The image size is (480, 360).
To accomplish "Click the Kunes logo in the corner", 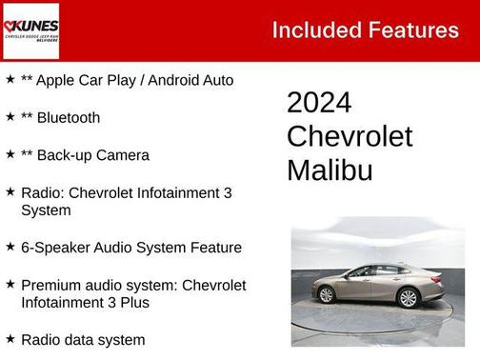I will point(30,30).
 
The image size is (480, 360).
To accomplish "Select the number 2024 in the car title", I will point(319,103).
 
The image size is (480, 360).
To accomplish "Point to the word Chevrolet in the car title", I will point(350,136).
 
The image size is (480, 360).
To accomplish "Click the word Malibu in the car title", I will point(330,170).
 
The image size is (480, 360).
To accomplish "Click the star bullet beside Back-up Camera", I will point(10,153).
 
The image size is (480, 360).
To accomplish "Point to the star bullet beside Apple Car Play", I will point(10,79).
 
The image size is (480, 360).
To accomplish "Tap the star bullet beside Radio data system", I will point(10,338).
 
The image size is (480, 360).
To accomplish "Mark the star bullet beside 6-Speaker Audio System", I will point(10,247).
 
